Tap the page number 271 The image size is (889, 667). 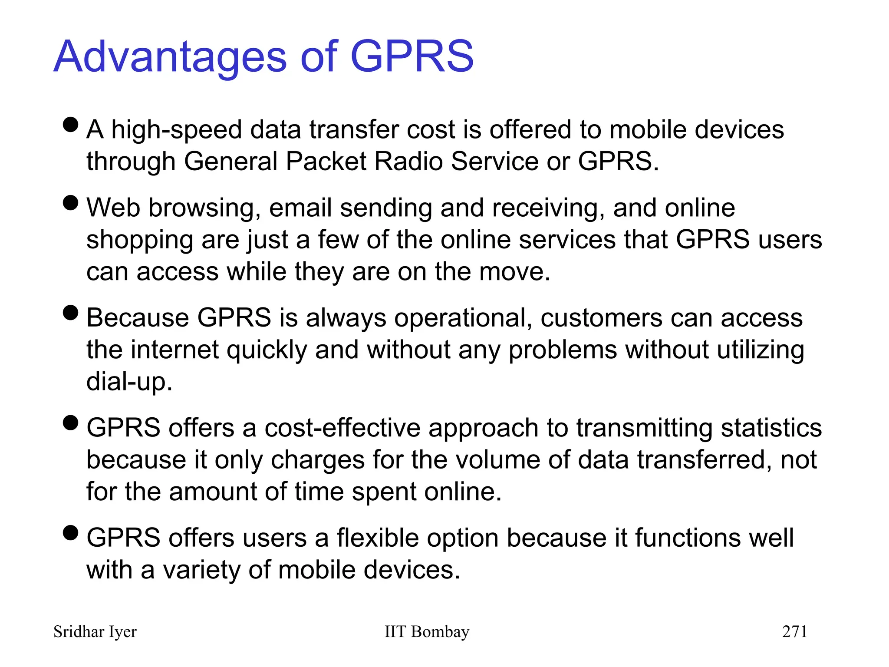794,631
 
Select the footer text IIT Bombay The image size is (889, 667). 427,631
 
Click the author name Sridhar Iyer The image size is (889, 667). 95,631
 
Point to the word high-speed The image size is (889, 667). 176,130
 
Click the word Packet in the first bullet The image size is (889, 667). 326,161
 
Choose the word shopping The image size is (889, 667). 139,240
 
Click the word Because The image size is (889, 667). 137,317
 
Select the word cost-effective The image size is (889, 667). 342,428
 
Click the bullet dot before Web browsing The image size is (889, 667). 70,202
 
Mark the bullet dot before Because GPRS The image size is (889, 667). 70,312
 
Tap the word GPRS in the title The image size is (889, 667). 412,56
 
